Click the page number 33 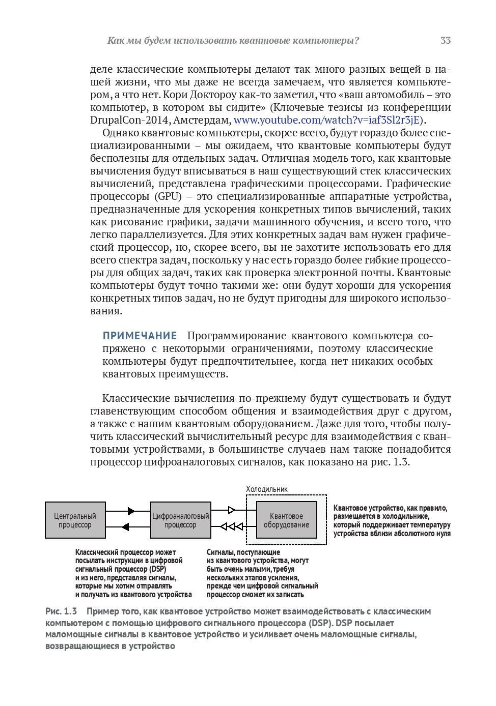[446, 41]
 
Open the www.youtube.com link [326, 120]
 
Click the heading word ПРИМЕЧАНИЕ [140, 336]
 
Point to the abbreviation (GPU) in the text [168, 196]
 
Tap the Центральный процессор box [75, 520]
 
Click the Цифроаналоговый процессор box [181, 520]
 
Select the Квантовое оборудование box [286, 520]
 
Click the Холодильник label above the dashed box [267, 489]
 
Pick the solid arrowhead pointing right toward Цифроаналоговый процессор [131, 511]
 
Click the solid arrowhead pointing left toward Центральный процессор [126, 527]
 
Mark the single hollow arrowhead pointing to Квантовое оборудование [232, 510]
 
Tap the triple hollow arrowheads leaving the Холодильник [232, 527]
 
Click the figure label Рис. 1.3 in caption [61, 611]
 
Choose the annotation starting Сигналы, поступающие [262, 573]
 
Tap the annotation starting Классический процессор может [133, 573]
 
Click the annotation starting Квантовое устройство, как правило [392, 520]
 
